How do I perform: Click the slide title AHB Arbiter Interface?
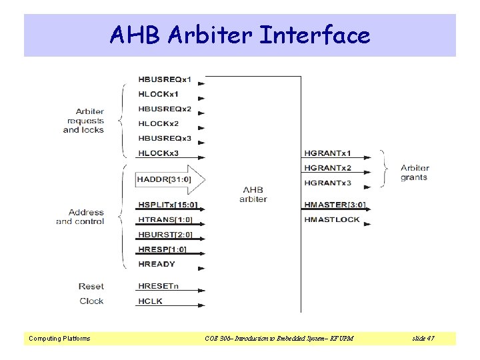[240, 35]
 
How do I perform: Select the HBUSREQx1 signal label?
[165, 80]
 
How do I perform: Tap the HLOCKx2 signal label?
[159, 124]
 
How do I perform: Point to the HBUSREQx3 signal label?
[165, 139]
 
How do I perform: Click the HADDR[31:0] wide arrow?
[170, 179]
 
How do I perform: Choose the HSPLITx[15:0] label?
[168, 205]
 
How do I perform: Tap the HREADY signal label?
[157, 264]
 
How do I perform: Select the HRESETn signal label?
[159, 286]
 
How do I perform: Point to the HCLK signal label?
[150, 301]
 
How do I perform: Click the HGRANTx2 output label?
[327, 168]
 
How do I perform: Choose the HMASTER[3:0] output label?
[335, 205]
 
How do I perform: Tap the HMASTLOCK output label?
[332, 219]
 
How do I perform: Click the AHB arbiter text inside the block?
[253, 195]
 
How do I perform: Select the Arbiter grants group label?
[415, 173]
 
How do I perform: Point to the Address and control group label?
[80, 217]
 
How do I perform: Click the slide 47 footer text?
[423, 339]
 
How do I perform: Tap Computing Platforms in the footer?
[59, 339]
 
